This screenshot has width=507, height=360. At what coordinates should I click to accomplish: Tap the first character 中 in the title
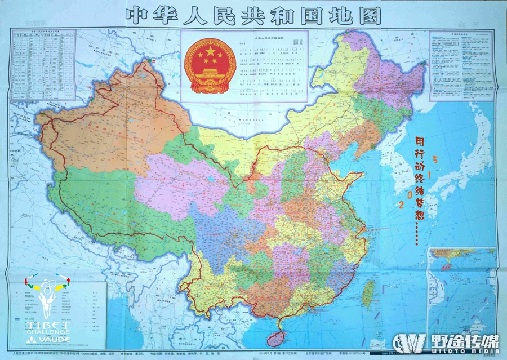click(139, 15)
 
